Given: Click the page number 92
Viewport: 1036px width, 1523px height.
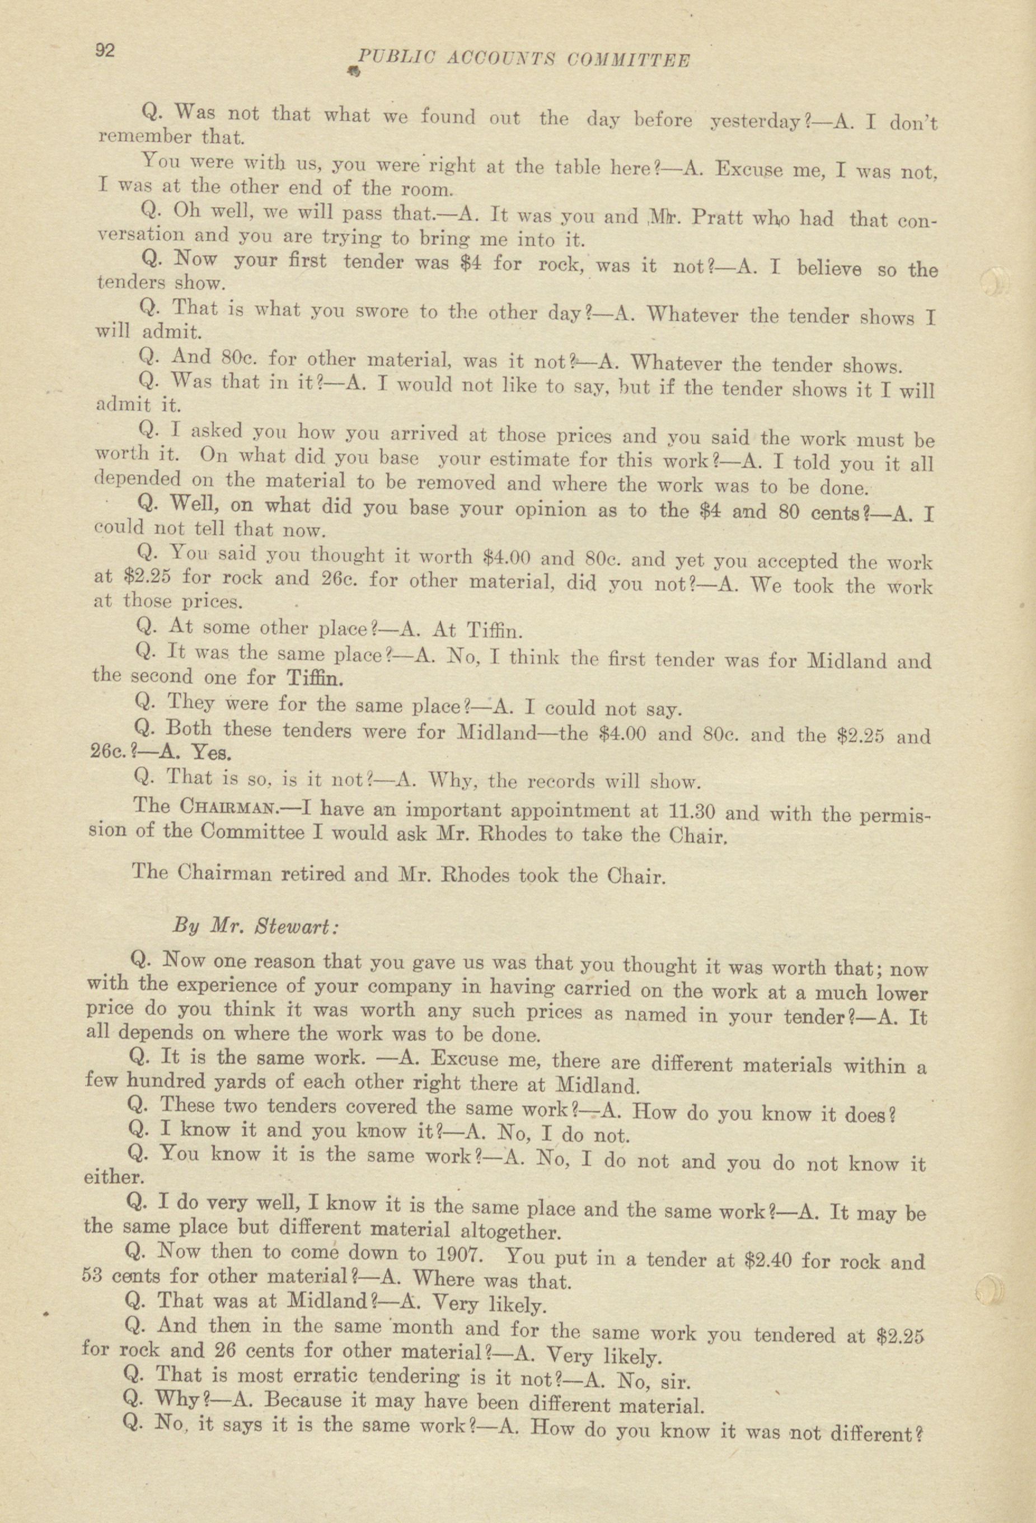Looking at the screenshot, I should tap(105, 50).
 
